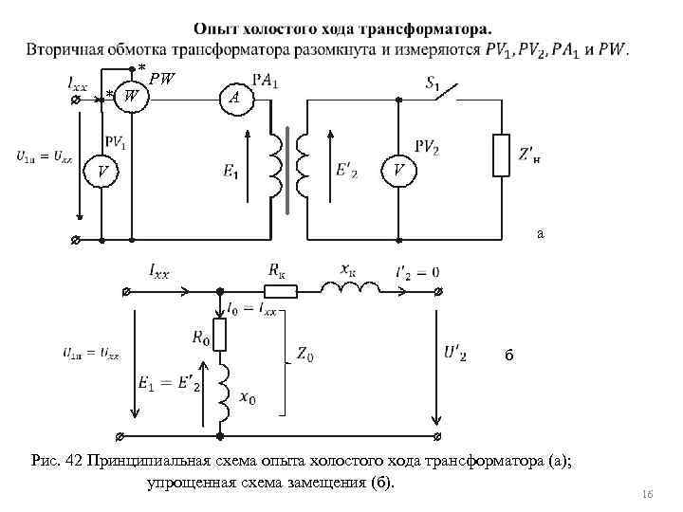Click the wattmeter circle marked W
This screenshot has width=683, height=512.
click(x=132, y=96)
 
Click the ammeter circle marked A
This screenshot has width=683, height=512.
click(x=233, y=97)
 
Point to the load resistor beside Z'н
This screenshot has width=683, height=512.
click(x=502, y=155)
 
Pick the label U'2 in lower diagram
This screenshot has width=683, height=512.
click(x=454, y=354)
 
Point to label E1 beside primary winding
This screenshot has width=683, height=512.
click(x=231, y=171)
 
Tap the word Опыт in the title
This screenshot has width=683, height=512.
click(x=216, y=29)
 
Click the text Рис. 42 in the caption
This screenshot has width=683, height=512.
click(x=58, y=461)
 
